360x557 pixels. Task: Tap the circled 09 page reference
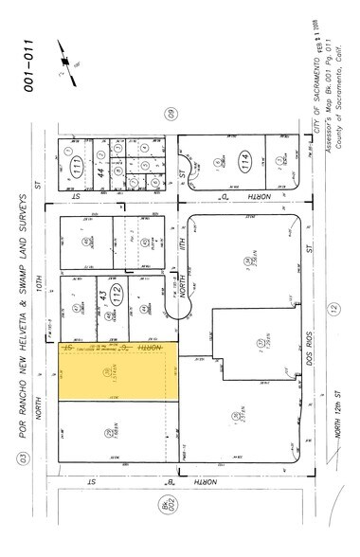(171, 115)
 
